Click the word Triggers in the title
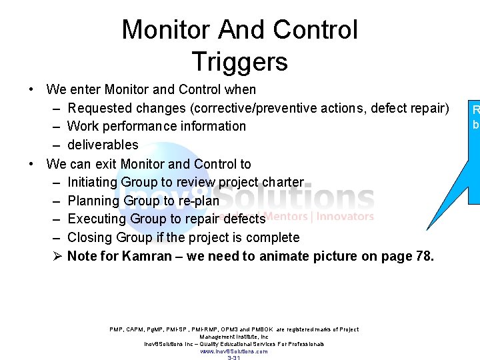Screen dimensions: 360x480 point(239,61)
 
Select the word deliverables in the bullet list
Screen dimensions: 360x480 point(103,145)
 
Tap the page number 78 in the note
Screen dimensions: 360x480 point(423,256)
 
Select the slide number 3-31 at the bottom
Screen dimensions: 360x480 point(234,358)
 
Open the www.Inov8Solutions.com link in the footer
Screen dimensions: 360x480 point(234,351)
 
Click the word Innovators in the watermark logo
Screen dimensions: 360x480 point(346,216)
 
